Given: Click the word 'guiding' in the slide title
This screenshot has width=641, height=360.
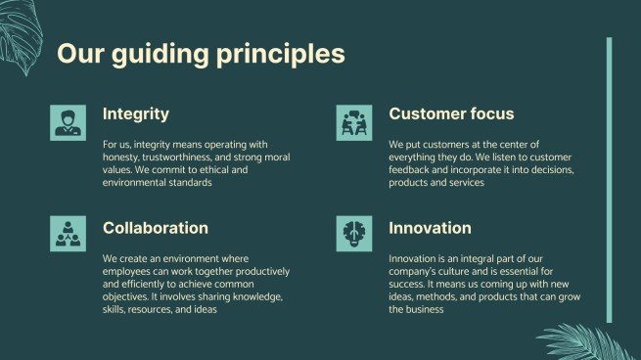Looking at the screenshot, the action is click(160, 55).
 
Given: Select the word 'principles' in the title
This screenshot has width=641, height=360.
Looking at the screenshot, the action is click(281, 55).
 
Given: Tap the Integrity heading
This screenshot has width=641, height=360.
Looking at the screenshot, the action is click(136, 114).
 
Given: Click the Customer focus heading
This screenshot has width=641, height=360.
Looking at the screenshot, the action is click(451, 113).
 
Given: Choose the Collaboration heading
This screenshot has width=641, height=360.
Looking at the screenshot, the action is click(156, 228).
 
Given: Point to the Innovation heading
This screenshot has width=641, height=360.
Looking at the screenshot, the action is click(430, 228).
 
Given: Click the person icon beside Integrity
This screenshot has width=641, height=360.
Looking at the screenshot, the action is click(68, 122).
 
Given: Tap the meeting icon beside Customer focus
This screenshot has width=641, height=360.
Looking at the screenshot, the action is click(354, 122).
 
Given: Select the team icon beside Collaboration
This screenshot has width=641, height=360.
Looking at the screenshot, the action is click(68, 234).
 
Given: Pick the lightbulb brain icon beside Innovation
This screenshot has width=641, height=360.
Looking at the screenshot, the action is click(354, 234).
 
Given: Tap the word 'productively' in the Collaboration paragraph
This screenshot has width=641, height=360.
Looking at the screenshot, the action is click(262, 272).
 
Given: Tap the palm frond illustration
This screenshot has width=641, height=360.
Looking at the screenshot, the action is click(586, 342).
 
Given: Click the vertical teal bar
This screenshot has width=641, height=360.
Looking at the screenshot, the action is click(609, 180).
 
